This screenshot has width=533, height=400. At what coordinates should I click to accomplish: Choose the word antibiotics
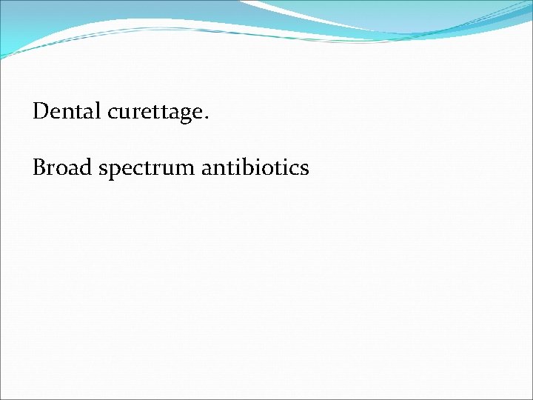[x=255, y=168]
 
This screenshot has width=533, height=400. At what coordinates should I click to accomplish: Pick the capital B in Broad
[x=40, y=168]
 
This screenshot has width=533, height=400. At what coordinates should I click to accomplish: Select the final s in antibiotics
[x=304, y=170]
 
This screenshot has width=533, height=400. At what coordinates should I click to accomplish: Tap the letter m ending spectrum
[x=186, y=170]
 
